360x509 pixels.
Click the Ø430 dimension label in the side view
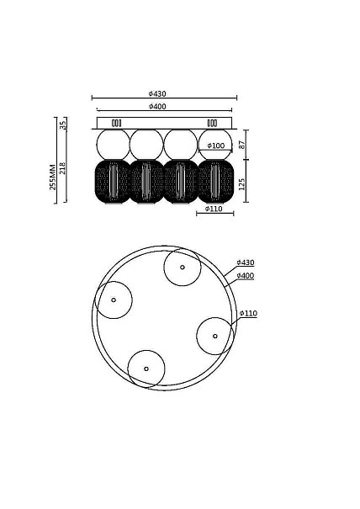pos(157,94)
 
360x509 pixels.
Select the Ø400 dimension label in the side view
pos(157,107)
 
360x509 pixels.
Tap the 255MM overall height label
pos(53,178)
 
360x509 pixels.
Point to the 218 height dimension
pos(62,168)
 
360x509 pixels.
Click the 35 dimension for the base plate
pos(63,124)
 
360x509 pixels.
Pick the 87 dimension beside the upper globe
pos(242,145)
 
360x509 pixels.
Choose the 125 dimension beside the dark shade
pos(242,184)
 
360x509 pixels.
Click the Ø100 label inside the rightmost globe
pos(216,146)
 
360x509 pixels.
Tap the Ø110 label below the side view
pos(214,209)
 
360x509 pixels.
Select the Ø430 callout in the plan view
pos(246,262)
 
